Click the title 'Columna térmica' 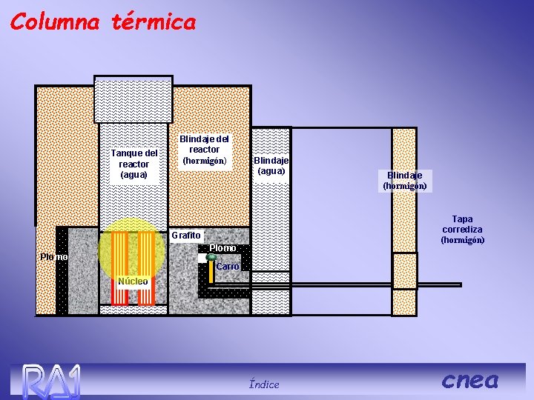tap(103, 21)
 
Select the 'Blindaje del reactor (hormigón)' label tap(205, 150)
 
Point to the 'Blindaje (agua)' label tap(271, 165)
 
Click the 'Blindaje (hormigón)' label tap(404, 180)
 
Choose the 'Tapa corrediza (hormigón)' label tap(462, 229)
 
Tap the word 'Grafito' tap(185, 236)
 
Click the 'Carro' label tap(228, 266)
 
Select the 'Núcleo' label tap(133, 281)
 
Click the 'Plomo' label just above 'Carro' tap(222, 247)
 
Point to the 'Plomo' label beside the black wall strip tap(53, 257)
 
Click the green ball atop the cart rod tap(211, 258)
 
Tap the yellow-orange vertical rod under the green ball tap(211, 272)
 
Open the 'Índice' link tap(264, 384)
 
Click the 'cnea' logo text tap(470, 380)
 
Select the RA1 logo tap(50, 381)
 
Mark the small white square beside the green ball tap(202, 258)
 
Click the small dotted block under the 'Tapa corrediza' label tap(404, 270)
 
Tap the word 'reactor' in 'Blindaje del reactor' tap(205, 150)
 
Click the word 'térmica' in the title tap(154, 21)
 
